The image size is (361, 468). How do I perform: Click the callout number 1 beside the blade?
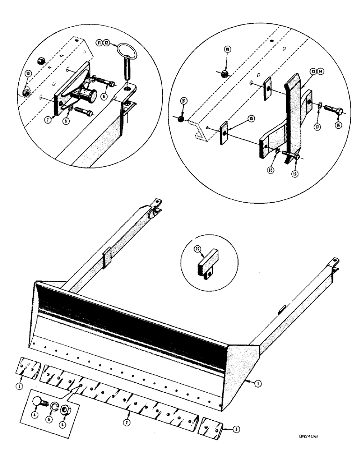point(257,383)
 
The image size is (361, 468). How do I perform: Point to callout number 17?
point(319,125)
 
